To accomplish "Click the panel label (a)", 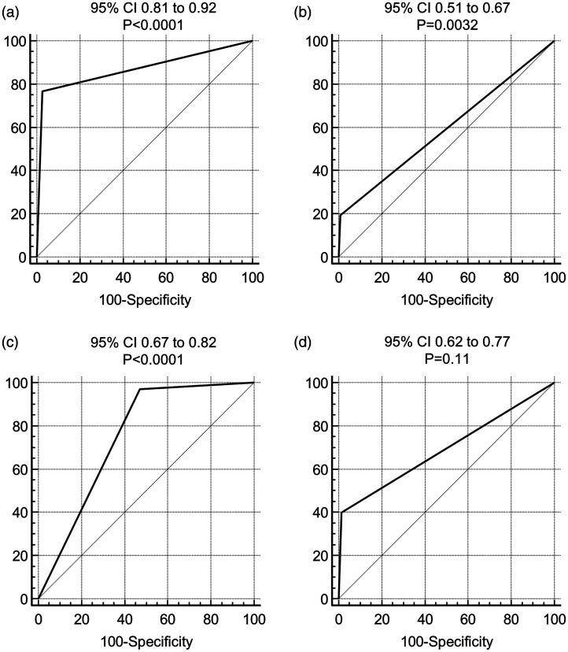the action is point(10,13).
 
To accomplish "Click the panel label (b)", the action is point(303,13).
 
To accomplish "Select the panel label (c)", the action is point(10,343).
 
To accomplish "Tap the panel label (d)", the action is point(303,343).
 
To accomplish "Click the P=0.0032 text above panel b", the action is point(447,25).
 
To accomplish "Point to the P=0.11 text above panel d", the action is point(447,358).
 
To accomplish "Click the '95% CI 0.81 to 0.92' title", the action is point(153,8).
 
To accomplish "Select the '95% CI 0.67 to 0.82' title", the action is point(153,343).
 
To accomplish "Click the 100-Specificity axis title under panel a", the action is point(145,300).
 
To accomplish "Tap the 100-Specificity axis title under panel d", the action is point(447,641).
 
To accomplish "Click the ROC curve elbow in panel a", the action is point(42,91).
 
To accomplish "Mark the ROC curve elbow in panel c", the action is point(139,389).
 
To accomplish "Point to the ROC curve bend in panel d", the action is point(342,512).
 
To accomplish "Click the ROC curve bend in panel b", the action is point(341,214).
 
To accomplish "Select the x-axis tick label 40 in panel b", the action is point(425,277).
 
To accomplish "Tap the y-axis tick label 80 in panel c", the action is point(20,426).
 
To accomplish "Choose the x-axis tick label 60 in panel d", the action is point(468,619).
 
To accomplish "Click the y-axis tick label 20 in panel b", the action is point(321,214).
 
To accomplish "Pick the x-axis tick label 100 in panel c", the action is point(254,619).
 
